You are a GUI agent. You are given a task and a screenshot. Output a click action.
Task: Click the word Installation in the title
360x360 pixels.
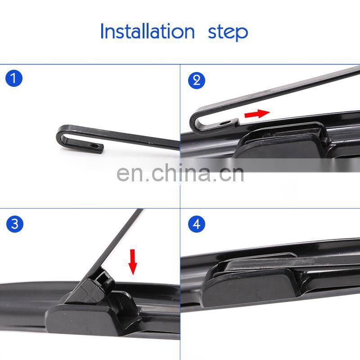[x=148, y=31]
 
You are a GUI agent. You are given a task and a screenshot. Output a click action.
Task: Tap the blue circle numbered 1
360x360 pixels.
[x=14, y=78]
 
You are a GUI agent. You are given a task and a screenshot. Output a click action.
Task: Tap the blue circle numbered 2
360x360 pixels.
[x=197, y=81]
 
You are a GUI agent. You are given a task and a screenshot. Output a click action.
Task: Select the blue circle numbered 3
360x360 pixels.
[x=15, y=224]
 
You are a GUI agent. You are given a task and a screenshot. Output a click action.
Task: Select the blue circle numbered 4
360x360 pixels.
[x=197, y=224]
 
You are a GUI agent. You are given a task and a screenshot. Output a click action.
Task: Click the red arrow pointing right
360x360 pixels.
[x=257, y=114]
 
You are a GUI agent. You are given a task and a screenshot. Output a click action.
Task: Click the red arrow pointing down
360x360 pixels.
[x=133, y=262]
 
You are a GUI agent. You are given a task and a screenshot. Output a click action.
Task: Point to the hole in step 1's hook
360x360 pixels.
[x=94, y=146]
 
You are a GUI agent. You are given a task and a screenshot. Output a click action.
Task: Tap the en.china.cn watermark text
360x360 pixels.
[x=180, y=173]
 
